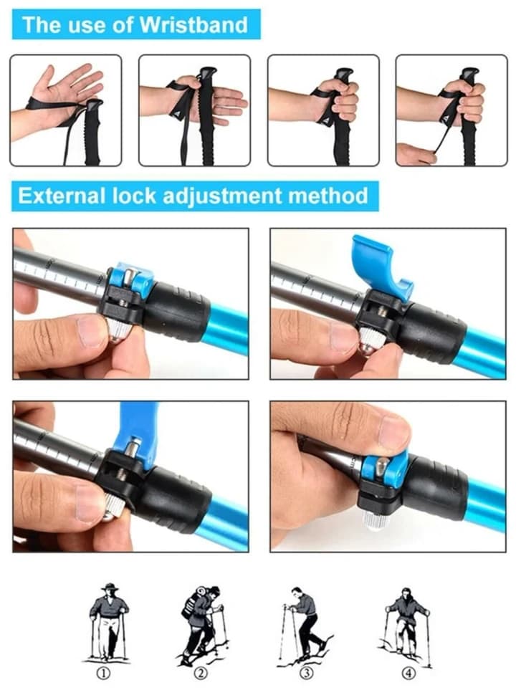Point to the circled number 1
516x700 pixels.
[x=103, y=673]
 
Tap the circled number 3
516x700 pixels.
[x=306, y=673]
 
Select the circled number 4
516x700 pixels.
[x=409, y=673]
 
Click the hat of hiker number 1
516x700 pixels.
[x=109, y=587]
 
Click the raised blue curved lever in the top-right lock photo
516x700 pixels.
[x=377, y=262]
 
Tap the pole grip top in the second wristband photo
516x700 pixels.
[x=208, y=74]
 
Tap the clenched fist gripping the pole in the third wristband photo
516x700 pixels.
[x=340, y=100]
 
